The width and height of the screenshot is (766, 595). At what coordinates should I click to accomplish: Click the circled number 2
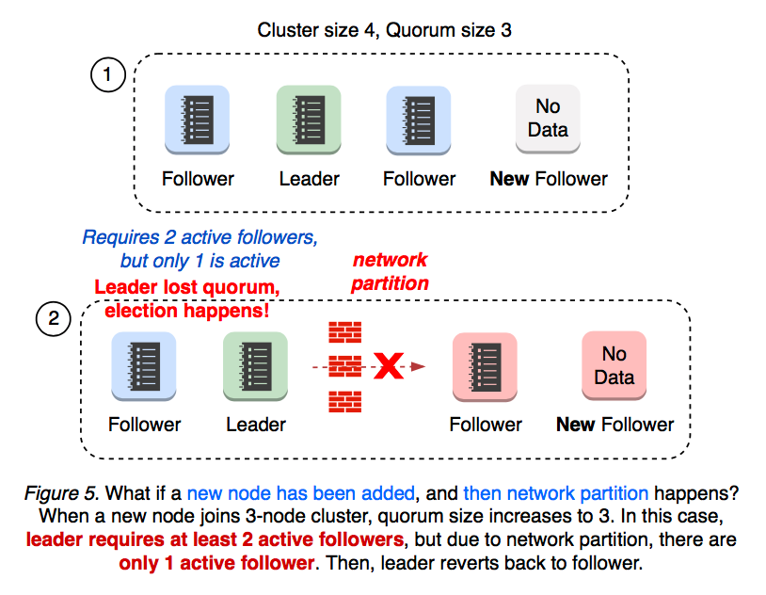coord(54,319)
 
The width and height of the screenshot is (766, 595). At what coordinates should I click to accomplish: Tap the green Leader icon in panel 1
coord(309,119)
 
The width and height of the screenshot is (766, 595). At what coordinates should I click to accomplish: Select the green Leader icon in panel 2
coord(255,365)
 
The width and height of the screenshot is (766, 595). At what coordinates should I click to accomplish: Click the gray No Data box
coord(548,119)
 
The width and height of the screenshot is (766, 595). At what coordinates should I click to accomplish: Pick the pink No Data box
coord(614,365)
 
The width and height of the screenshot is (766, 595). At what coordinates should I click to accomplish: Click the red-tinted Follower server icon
coord(485,365)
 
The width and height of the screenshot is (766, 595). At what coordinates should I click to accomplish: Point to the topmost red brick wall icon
coord(344,332)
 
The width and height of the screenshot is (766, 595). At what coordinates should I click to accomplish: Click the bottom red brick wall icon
coord(344,402)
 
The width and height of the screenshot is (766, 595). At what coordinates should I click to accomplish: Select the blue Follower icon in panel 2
coord(143,365)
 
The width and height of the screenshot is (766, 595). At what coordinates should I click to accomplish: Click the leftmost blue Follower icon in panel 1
coord(198,119)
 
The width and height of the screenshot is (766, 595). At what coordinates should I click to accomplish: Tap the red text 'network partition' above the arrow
coord(390,271)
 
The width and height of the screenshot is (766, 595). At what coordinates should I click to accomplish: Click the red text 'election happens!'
coord(186,310)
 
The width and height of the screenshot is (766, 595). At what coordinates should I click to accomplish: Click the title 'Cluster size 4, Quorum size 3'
coord(384,29)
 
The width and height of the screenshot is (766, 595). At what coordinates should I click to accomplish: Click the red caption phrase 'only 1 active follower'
coord(215,563)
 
